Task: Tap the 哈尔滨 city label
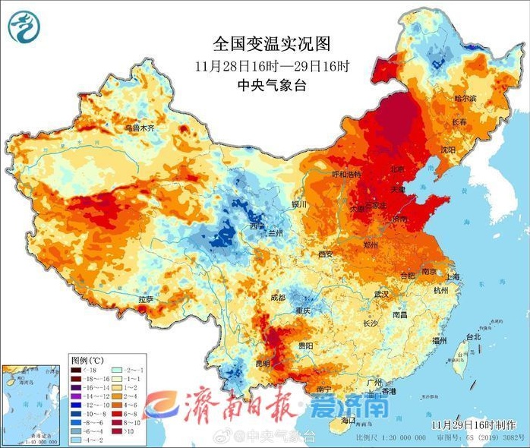click(x=465, y=99)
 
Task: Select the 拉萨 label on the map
click(x=146, y=299)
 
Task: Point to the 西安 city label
click(x=326, y=254)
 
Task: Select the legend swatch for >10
click(x=117, y=430)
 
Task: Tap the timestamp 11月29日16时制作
click(x=480, y=421)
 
